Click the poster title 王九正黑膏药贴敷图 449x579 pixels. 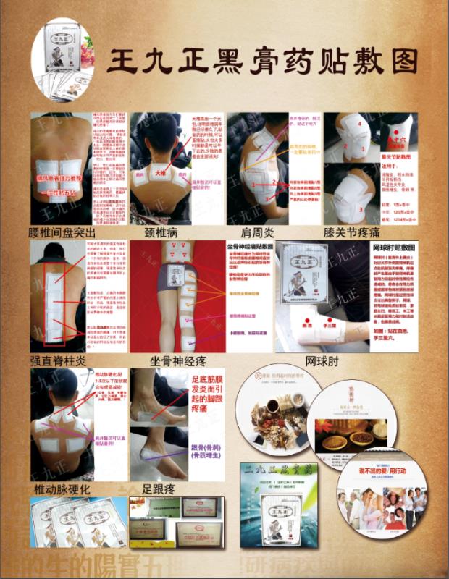pos(262,61)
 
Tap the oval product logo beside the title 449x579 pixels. pos(63,60)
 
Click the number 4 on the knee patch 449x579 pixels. pos(358,124)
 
